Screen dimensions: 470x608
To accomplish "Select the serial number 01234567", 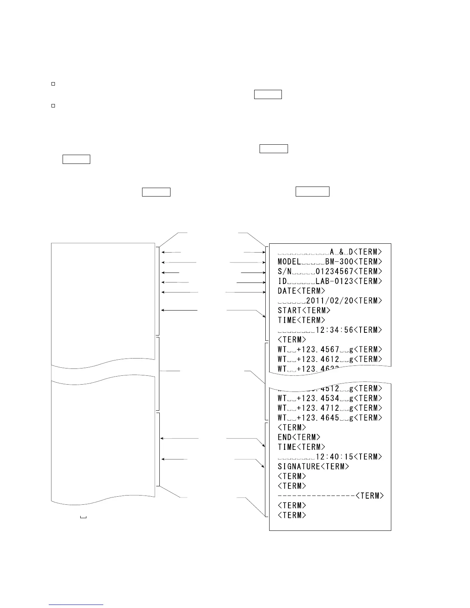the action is (x=334, y=271).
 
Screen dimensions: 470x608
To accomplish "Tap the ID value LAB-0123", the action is (x=334, y=281).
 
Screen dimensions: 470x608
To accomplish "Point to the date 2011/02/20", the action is (x=329, y=301).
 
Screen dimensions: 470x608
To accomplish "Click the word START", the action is (x=290, y=311).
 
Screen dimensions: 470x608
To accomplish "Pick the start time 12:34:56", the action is (x=334, y=330).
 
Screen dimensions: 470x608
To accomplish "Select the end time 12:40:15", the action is (x=334, y=457).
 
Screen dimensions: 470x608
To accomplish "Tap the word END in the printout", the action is (x=285, y=437).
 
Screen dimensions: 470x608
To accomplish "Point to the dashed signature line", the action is (x=316, y=496).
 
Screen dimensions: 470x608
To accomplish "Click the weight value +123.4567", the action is (x=318, y=350).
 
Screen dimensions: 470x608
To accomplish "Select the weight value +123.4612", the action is (x=318, y=359).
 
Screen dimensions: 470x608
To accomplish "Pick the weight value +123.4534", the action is (x=318, y=398).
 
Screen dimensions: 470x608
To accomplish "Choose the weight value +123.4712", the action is (x=318, y=408).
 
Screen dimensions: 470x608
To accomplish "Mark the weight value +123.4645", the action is (x=318, y=418).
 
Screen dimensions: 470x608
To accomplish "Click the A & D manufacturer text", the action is (x=341, y=252).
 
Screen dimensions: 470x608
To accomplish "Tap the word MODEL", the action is (x=289, y=262).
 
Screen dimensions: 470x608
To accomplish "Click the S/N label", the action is (x=285, y=271).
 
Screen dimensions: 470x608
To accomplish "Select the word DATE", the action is (x=287, y=291).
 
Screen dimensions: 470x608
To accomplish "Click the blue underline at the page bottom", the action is (x=76, y=605).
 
